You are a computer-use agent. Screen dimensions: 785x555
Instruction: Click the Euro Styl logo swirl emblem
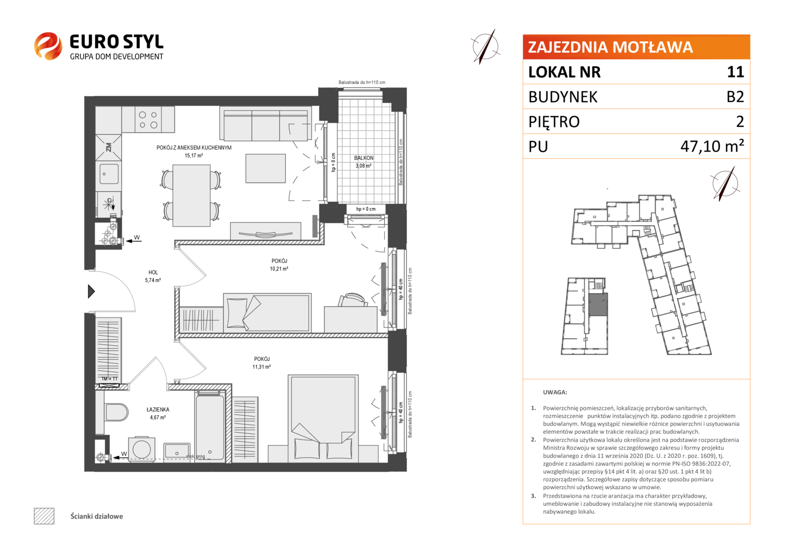48,46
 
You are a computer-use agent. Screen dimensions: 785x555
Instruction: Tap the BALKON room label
363,158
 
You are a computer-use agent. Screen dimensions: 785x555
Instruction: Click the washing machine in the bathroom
142,449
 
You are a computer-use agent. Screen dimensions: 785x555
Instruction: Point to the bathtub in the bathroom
210,426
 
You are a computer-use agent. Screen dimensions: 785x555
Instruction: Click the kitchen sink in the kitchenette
109,174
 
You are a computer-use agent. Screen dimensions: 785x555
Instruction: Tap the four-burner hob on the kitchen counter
148,120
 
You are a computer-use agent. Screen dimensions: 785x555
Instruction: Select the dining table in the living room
191,196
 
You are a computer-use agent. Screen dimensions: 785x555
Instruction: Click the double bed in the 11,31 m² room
323,418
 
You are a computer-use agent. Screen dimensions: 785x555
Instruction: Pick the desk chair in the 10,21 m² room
352,300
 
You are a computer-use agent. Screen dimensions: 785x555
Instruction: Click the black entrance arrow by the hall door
91,291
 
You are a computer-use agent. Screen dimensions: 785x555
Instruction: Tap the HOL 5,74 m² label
153,276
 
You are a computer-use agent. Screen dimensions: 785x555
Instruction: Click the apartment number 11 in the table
735,72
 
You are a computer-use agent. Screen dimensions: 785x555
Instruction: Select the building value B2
735,97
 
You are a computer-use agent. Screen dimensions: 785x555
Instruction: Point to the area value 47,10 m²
712,146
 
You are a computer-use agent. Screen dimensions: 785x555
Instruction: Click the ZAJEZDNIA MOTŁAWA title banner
636,47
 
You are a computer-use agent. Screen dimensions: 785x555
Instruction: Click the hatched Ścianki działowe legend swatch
44,516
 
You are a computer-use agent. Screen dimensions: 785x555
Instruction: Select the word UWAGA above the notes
555,392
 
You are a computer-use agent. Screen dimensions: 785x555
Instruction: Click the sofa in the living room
266,125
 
